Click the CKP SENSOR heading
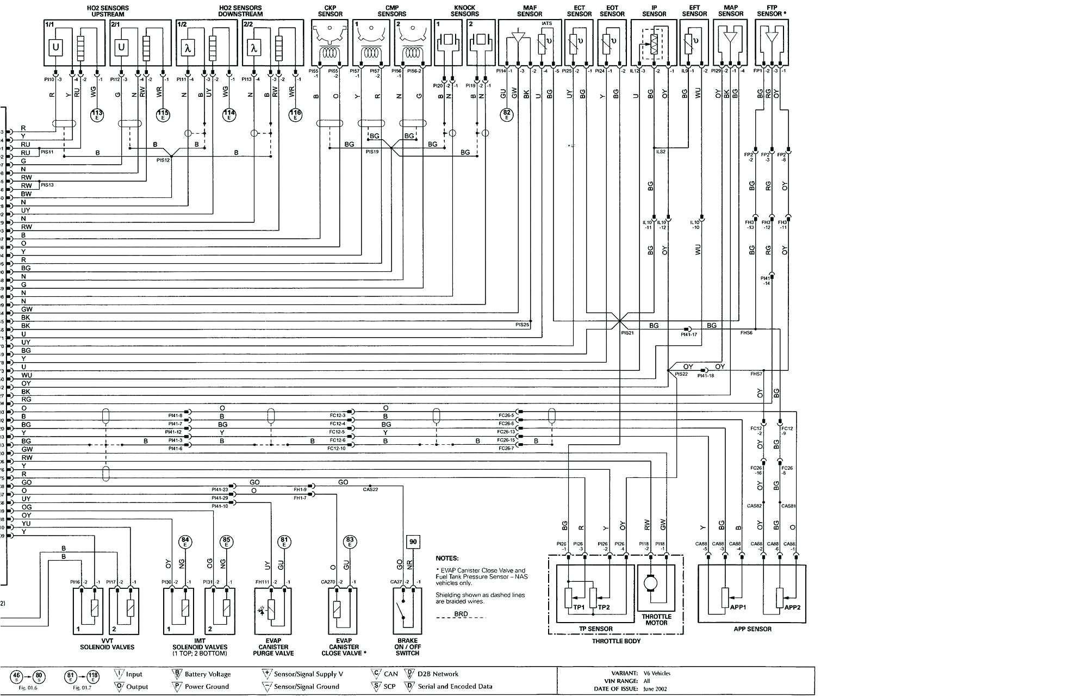330,11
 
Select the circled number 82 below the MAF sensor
507,115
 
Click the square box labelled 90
413,542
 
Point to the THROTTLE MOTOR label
656,619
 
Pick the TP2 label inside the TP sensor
604,607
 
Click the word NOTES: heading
447,558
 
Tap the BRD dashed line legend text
461,614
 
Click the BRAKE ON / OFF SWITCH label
407,647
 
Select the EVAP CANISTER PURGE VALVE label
273,647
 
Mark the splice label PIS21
627,333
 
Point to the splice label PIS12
163,160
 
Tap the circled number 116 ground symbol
295,115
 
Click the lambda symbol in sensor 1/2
188,48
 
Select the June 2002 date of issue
656,689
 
